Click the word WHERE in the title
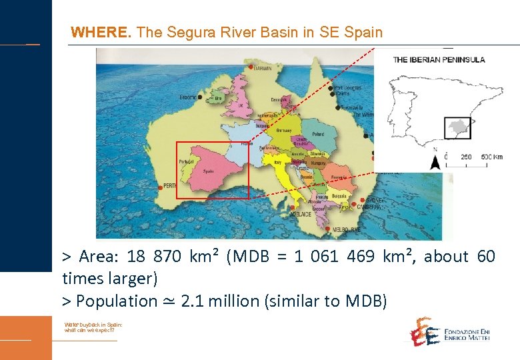93,31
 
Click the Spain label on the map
208,171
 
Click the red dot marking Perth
161,187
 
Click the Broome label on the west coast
188,97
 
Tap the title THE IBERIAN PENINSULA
439,59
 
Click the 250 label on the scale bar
466,157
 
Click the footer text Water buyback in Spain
93,324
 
